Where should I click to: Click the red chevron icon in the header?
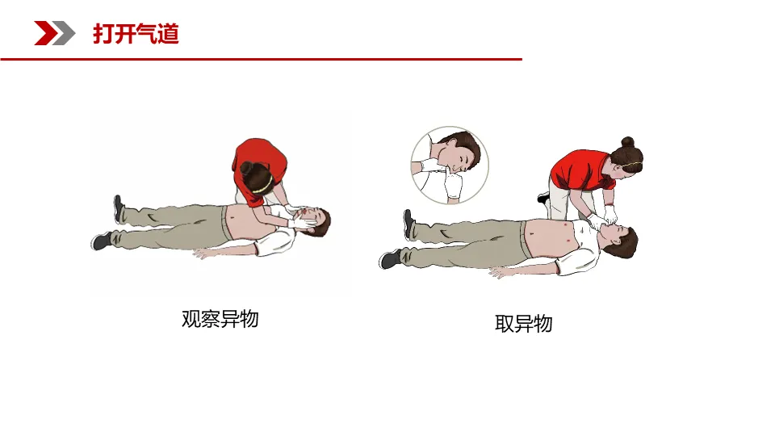(45, 33)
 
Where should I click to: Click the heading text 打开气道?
(136, 34)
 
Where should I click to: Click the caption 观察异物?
(220, 319)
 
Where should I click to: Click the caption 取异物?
(523, 324)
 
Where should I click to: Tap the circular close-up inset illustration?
(450, 165)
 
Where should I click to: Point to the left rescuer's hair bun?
(246, 168)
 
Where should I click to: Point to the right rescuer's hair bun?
(628, 142)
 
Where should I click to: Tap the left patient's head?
(316, 221)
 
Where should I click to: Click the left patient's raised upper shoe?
(118, 208)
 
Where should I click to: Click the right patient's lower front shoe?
(390, 258)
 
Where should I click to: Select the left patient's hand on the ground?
(202, 254)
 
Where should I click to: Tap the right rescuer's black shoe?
(543, 197)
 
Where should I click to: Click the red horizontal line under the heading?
(261, 59)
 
